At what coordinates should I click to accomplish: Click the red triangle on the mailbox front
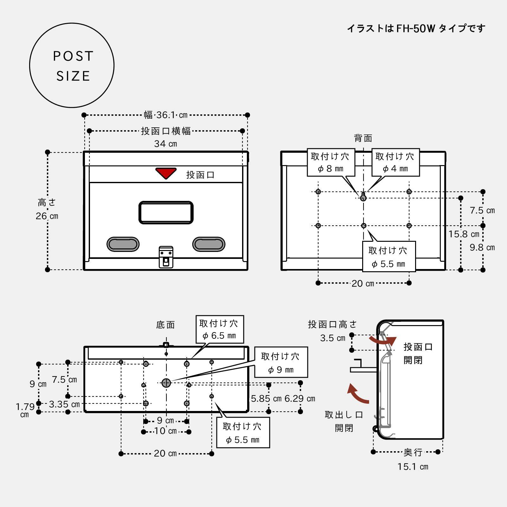166,173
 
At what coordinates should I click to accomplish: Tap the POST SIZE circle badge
72,66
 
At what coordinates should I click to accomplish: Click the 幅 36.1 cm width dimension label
166,115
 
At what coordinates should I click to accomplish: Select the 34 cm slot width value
165,144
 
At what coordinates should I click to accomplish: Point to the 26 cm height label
47,216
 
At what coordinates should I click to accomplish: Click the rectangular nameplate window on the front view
166,212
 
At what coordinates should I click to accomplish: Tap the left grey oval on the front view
123,244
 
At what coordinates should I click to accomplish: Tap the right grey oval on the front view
209,244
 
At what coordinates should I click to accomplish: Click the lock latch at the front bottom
166,256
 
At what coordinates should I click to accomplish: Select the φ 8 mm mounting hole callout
331,162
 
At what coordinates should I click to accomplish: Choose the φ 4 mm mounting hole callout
395,162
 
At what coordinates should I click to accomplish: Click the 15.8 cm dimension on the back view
464,234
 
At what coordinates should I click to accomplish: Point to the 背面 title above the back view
363,138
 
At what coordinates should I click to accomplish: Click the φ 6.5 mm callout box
220,329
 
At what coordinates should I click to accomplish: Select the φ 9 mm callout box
281,363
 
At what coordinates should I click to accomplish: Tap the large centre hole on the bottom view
166,383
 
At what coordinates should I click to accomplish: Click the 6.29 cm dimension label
300,399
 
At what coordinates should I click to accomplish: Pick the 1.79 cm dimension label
25,410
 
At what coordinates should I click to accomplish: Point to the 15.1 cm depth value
413,466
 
